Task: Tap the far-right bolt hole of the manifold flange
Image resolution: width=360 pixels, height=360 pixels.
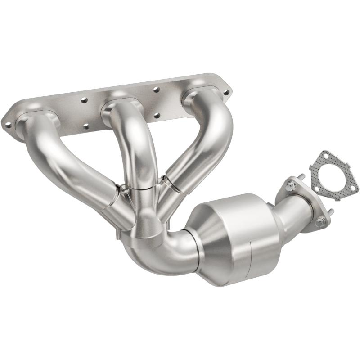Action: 225,92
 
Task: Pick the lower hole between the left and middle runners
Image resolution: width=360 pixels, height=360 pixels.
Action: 85,126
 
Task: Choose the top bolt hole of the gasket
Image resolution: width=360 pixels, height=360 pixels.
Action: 324,156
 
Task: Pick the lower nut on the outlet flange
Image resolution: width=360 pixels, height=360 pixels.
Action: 320,221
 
